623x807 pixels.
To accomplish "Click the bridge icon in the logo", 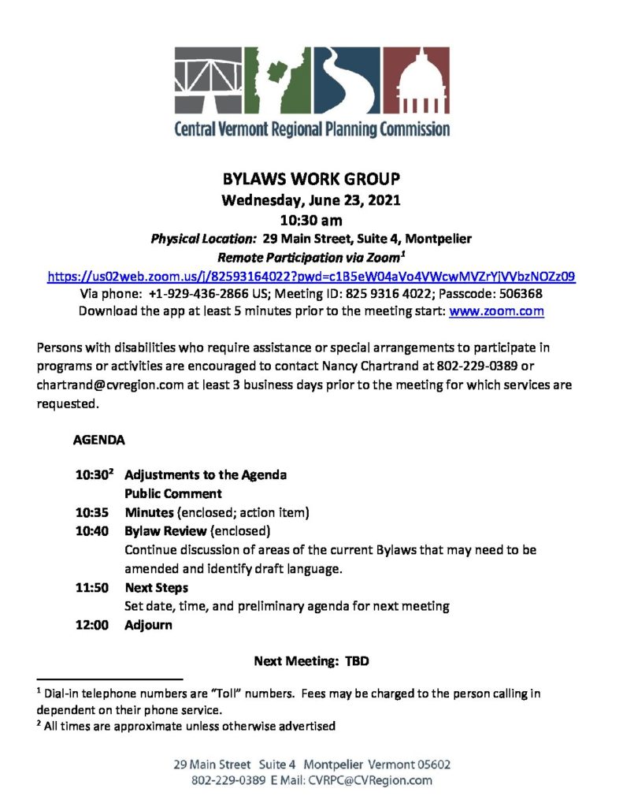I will pyautogui.click(x=209, y=80).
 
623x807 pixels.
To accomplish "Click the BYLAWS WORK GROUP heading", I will pyautogui.click(x=311, y=180).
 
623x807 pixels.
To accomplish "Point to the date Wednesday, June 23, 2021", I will pyautogui.click(x=311, y=200).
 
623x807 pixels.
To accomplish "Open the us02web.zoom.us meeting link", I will pyautogui.click(x=311, y=276).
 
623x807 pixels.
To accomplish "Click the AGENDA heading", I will pyautogui.click(x=99, y=440).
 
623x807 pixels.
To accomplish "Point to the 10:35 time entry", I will pyautogui.click(x=91, y=512).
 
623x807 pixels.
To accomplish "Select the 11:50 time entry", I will pyautogui.click(x=91, y=588).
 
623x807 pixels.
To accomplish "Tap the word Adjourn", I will pyautogui.click(x=148, y=625).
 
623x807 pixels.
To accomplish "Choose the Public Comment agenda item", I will pyautogui.click(x=173, y=494).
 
